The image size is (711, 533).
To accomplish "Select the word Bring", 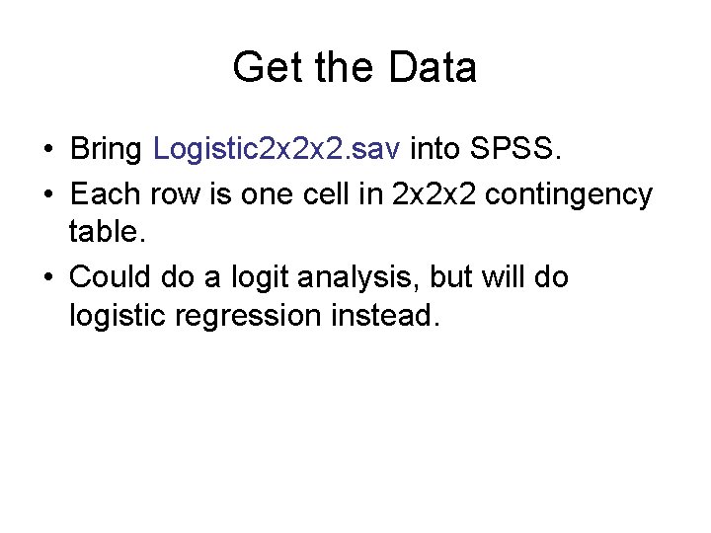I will (108, 150).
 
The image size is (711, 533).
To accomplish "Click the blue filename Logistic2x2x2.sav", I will (277, 150).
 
